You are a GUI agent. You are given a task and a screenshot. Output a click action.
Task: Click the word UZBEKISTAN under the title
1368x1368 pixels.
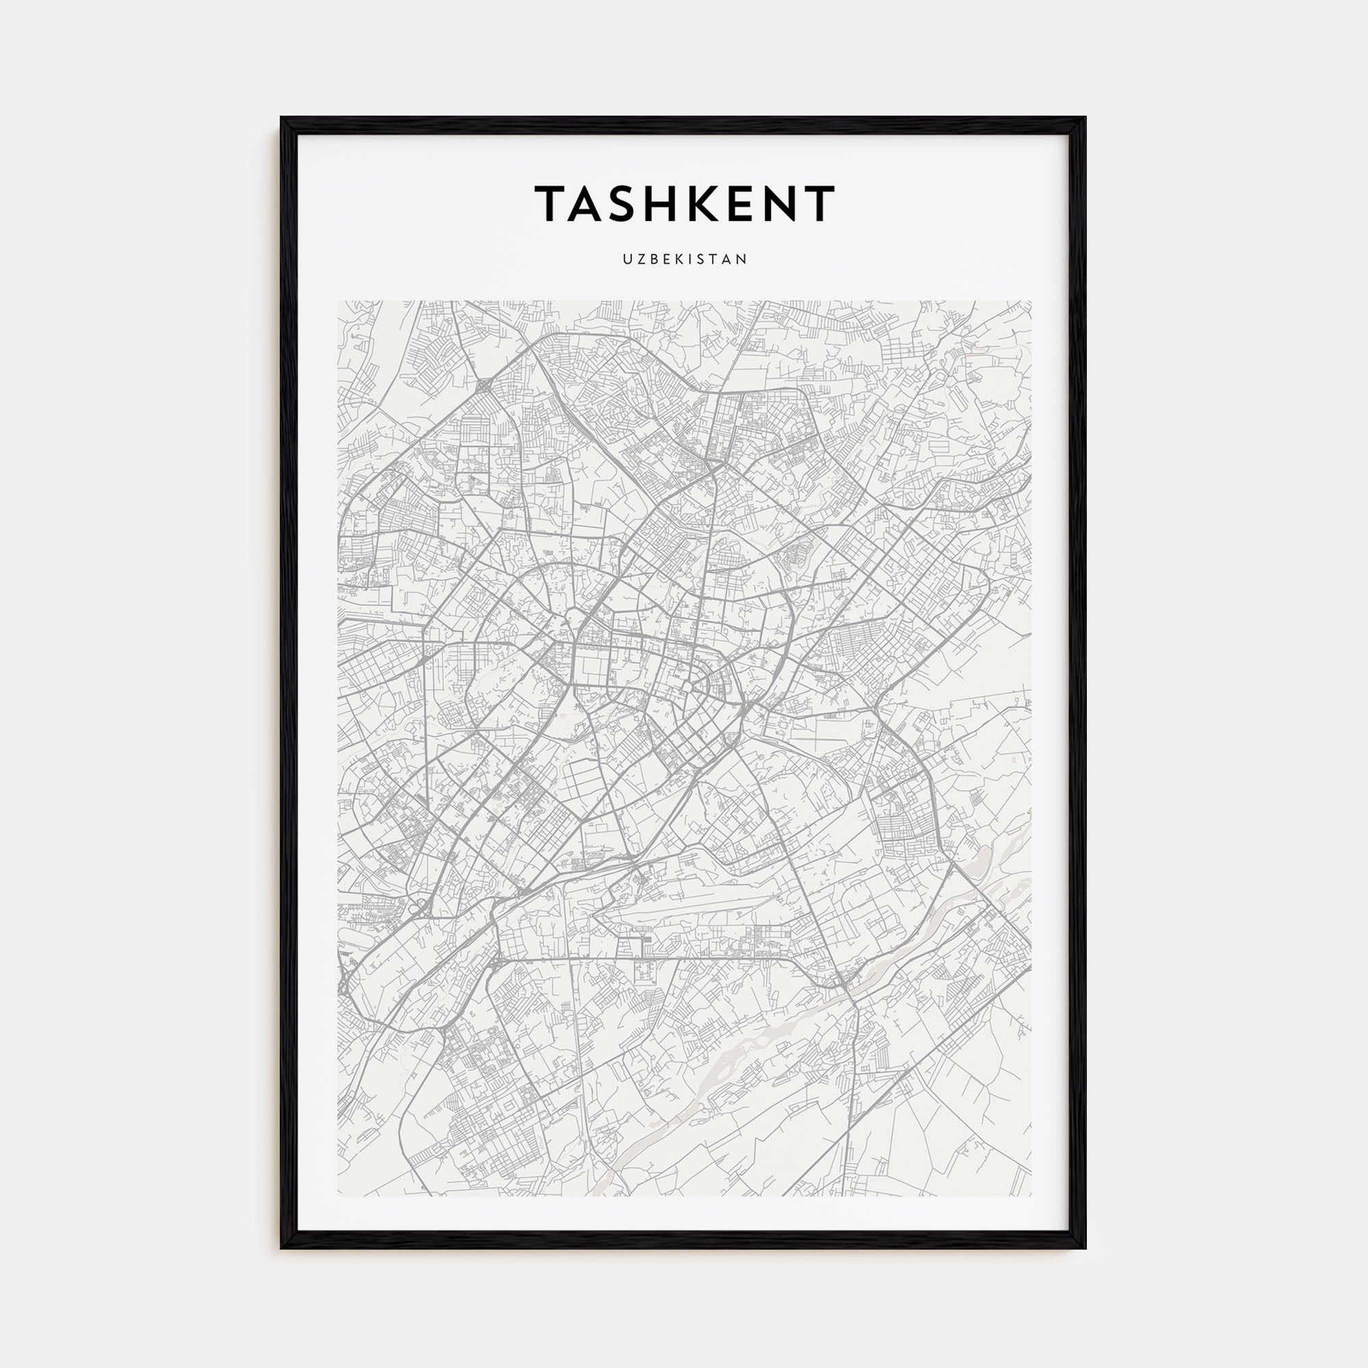pyautogui.click(x=685, y=259)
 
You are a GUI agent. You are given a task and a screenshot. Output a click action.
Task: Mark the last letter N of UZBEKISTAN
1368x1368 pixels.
pyautogui.click(x=743, y=259)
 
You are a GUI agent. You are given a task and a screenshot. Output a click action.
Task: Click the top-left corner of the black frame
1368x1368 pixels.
pyautogui.click(x=282, y=118)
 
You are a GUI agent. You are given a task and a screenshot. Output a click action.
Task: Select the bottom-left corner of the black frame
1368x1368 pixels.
pyautogui.click(x=282, y=1248)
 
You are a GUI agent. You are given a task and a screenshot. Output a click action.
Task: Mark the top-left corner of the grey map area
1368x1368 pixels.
pyautogui.click(x=338, y=301)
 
